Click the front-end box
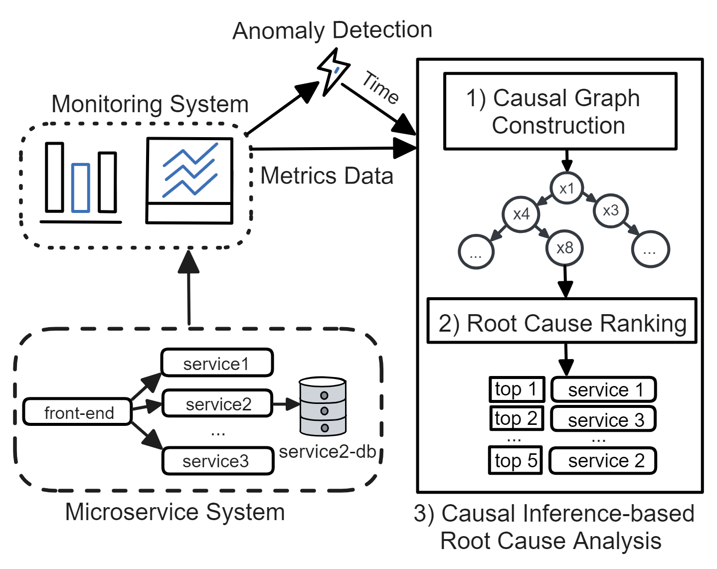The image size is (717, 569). coord(77,412)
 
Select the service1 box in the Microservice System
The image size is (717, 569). coord(217,363)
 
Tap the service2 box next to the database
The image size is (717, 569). coord(218,403)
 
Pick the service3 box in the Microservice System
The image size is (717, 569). coord(218,461)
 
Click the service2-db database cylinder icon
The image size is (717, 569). coord(323,406)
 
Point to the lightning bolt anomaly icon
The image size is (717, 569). coord(333,71)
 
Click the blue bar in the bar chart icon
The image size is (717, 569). coord(80,188)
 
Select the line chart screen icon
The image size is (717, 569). coord(189,181)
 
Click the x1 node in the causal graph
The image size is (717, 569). coord(566,189)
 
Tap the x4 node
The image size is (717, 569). coord(521,214)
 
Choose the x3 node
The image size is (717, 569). coord(610,210)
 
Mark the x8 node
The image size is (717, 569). coord(565,248)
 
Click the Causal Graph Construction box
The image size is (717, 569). coord(560,112)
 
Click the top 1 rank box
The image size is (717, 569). coord(516,389)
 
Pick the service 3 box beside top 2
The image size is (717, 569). coord(603,419)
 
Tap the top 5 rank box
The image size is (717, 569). coord(516,460)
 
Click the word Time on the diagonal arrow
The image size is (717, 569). coord(380,88)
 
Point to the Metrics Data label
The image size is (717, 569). coord(327,176)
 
